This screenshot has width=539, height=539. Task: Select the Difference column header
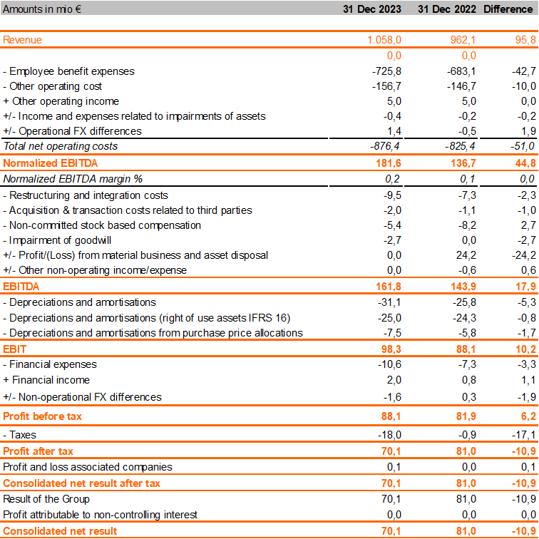click(508, 9)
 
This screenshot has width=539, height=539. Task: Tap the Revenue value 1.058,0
click(384, 40)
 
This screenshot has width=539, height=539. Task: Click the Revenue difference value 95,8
click(523, 40)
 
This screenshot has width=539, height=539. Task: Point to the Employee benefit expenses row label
click(68, 71)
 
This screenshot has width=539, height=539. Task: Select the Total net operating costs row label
click(61, 146)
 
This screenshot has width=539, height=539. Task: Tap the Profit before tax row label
click(43, 416)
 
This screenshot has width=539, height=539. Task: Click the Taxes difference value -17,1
click(523, 434)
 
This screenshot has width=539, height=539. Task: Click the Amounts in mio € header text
click(42, 9)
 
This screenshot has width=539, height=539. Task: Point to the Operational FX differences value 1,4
click(394, 131)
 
